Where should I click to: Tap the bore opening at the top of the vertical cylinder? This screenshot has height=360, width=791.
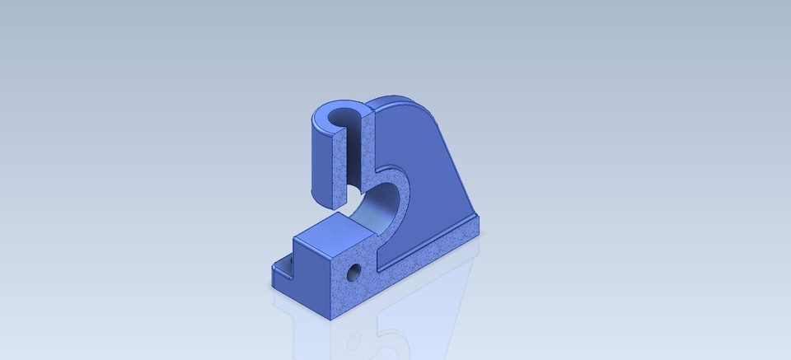[341, 119]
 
